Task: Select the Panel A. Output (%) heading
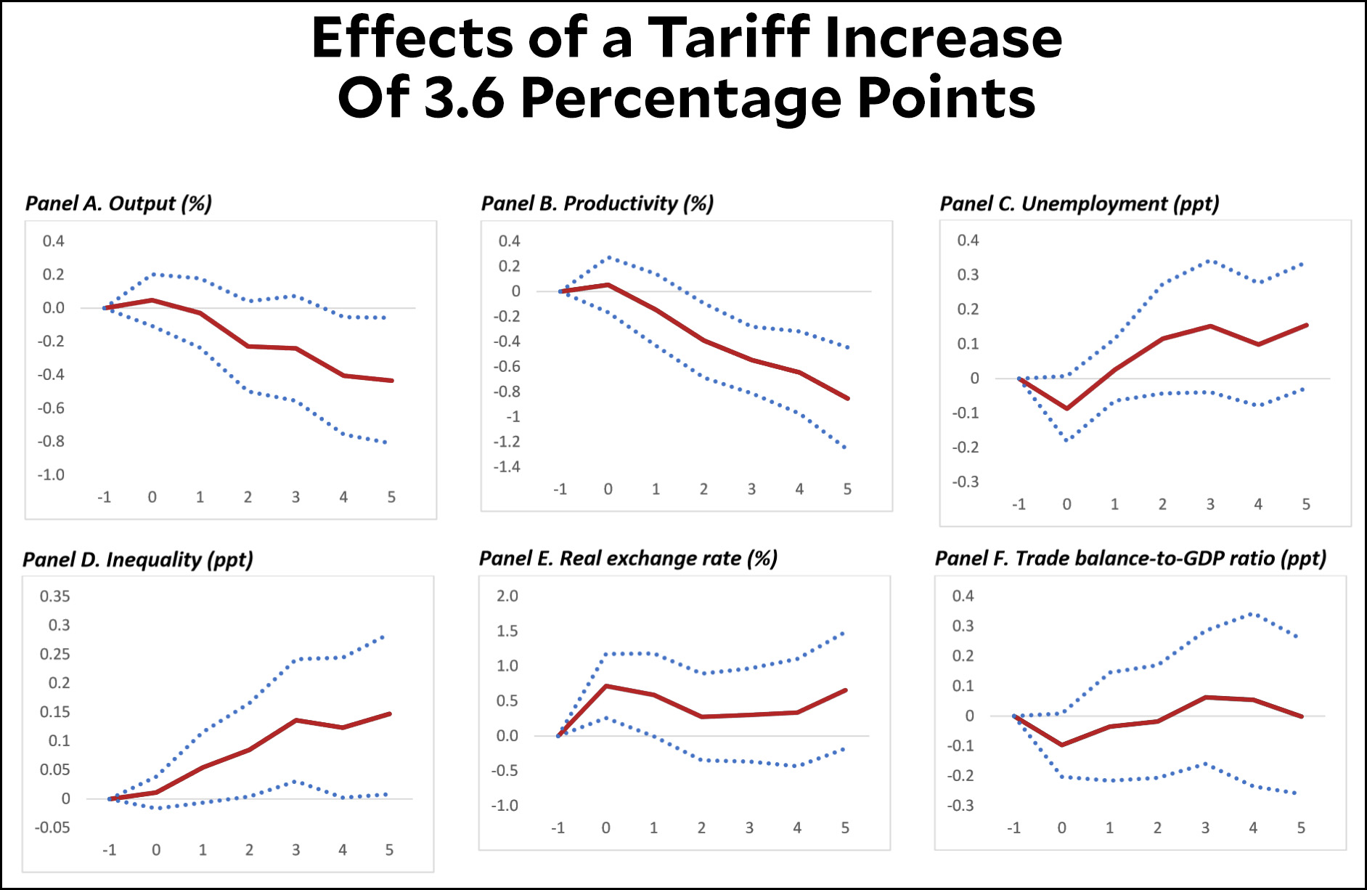118,203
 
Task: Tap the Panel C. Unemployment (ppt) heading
1079,204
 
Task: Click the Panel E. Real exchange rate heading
628,559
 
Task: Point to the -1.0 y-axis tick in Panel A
52,475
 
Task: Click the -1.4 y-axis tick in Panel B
507,467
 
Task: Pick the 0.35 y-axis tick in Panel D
54,596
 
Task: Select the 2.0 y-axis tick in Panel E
507,596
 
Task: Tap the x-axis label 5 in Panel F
1301,828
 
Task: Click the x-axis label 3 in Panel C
1210,504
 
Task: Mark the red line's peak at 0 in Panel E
606,686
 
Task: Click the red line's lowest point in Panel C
1066,408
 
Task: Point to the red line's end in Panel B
848,398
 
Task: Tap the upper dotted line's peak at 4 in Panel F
1253,614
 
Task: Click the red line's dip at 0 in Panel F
1062,745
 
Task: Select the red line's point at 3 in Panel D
296,720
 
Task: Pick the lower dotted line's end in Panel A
386,442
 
